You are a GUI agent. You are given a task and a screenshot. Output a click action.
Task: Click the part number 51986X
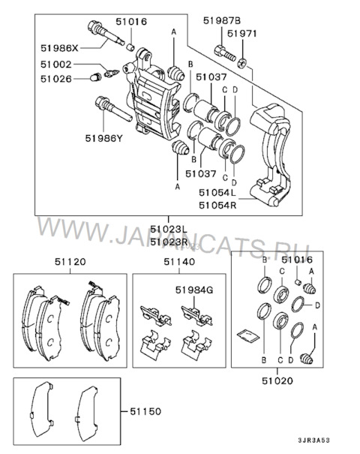pyautogui.click(x=59, y=48)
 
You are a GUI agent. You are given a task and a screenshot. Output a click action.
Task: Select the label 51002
pyautogui.click(x=55, y=65)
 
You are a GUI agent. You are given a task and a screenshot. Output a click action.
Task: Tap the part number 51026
pyautogui.click(x=55, y=79)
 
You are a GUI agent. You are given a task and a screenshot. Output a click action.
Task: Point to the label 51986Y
pyautogui.click(x=104, y=138)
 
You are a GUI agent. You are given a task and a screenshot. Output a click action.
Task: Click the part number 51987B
pyautogui.click(x=222, y=20)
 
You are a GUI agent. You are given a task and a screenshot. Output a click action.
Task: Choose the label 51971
pyautogui.click(x=242, y=34)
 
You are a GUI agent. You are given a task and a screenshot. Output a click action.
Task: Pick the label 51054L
pyautogui.click(x=217, y=193)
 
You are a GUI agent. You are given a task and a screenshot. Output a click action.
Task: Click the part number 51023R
pyautogui.click(x=169, y=242)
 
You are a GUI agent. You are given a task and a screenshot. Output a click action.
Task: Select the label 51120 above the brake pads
pyautogui.click(x=70, y=262)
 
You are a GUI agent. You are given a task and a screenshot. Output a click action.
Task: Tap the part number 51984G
pyautogui.click(x=194, y=290)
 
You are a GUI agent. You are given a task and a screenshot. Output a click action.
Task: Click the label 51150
pyautogui.click(x=145, y=411)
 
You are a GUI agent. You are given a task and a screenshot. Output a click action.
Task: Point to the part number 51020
pyautogui.click(x=277, y=380)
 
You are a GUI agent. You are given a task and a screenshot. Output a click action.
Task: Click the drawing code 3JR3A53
pyautogui.click(x=313, y=440)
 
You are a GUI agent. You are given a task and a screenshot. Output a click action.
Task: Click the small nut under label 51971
pyautogui.click(x=242, y=63)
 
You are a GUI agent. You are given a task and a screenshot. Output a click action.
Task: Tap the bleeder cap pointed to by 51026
pyautogui.click(x=95, y=77)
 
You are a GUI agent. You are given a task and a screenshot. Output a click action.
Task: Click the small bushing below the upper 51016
pyautogui.click(x=130, y=47)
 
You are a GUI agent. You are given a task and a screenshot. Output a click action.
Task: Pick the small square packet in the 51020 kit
pyautogui.click(x=247, y=335)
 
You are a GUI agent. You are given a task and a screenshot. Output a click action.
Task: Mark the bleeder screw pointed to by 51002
pyautogui.click(x=111, y=73)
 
